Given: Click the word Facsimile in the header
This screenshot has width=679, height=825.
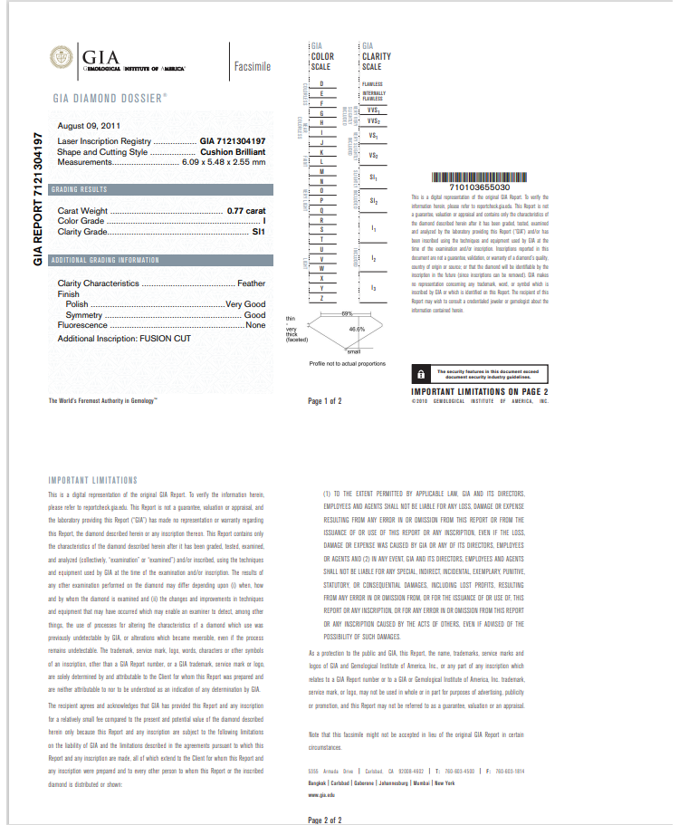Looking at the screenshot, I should coord(252,67).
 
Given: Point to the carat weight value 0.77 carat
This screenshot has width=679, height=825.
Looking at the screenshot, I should coord(246,210).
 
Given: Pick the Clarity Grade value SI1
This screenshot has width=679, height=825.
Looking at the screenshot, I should coord(259,232).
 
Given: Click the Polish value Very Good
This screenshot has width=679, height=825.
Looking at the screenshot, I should coord(245,303).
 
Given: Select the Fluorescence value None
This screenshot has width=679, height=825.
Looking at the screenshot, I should coord(256,324).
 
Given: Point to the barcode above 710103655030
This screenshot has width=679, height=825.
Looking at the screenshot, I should coord(479,177).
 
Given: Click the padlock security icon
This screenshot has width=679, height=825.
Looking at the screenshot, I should coord(421,373).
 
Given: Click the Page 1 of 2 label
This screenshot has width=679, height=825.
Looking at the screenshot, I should coord(325,400).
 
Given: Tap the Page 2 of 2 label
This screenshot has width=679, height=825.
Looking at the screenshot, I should coord(325,820).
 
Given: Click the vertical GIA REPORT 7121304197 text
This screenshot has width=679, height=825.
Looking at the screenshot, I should coord(38,199).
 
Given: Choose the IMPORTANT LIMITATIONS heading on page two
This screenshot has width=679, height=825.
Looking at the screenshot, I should coord(92,480).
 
